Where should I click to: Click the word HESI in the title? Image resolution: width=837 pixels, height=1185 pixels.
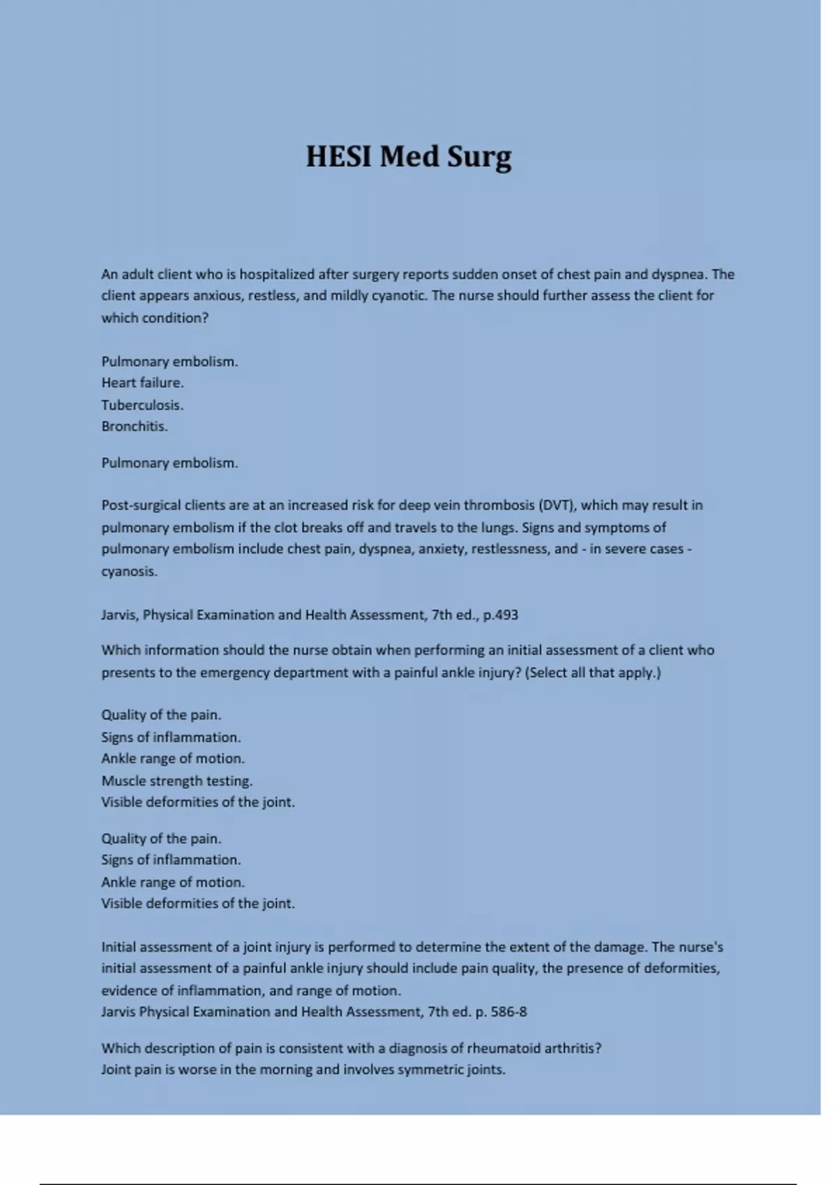click(x=339, y=156)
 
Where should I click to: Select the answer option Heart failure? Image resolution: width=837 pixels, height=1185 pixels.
click(x=142, y=383)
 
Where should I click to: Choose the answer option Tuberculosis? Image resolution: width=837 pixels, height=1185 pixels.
click(x=142, y=405)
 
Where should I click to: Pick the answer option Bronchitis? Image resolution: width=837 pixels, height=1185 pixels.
click(x=135, y=426)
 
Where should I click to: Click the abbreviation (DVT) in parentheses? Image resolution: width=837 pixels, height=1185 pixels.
click(x=557, y=505)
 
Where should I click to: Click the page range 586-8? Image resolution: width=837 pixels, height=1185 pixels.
click(x=508, y=1011)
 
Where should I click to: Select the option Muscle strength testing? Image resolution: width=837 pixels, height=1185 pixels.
click(x=176, y=781)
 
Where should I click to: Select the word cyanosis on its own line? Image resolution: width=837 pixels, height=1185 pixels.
click(x=129, y=572)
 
